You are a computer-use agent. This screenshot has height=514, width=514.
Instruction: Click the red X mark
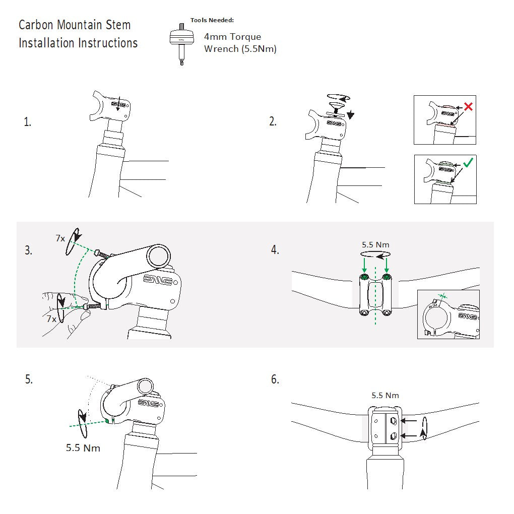click(468, 107)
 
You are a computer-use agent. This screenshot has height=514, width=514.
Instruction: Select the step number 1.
click(27, 122)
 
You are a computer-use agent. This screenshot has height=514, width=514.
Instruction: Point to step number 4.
click(275, 250)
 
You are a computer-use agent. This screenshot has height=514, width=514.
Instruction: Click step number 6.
click(275, 380)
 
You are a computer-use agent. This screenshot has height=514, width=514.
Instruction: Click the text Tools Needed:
click(212, 21)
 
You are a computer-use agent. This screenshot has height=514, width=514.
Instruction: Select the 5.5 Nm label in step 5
click(83, 447)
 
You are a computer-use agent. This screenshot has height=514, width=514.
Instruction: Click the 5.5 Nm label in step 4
click(375, 245)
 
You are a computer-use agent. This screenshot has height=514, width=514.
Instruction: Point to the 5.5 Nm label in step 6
click(385, 396)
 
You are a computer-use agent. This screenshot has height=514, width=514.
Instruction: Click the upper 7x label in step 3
click(60, 238)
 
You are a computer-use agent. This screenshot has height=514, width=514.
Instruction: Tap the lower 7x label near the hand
click(51, 319)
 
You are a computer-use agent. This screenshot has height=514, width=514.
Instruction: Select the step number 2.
click(273, 122)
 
